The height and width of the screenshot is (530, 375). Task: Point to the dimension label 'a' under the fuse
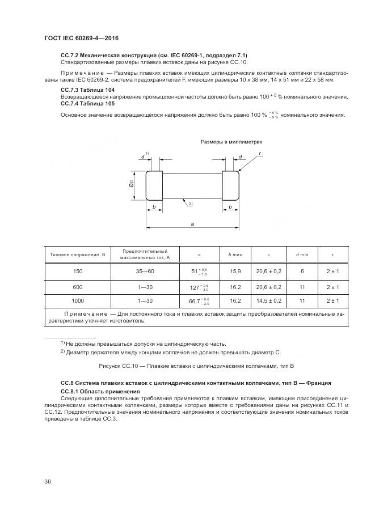[x=193, y=224]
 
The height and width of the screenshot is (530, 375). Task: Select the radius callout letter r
[x=259, y=153]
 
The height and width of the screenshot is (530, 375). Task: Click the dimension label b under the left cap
[x=154, y=207]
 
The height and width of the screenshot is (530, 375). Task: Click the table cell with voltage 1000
[x=78, y=300]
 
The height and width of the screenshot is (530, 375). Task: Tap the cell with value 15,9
[x=235, y=272]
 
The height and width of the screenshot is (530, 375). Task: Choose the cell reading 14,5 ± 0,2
[x=269, y=300]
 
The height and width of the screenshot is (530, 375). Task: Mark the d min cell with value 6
[x=302, y=272]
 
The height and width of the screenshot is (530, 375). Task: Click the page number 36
[x=48, y=481]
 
